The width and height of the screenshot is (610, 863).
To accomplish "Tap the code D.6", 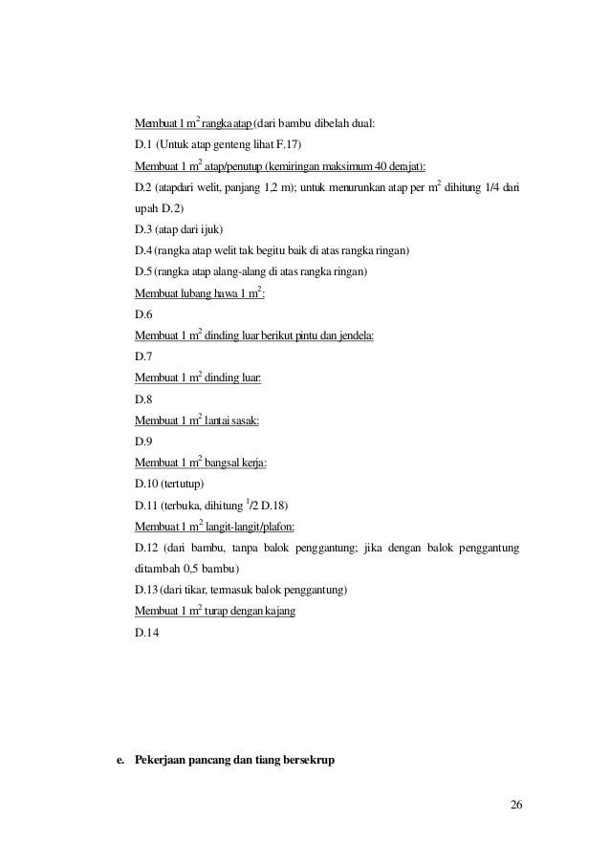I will click(143, 314).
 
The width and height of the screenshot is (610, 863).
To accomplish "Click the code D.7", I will click(143, 356).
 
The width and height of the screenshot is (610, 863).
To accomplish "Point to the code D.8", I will click(143, 399).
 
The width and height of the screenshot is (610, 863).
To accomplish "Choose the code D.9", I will click(143, 442).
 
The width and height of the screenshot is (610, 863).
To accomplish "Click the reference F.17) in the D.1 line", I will click(288, 144).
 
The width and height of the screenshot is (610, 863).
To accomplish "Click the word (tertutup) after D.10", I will click(184, 485).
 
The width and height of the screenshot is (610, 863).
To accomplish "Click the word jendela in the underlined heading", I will click(352, 335).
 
